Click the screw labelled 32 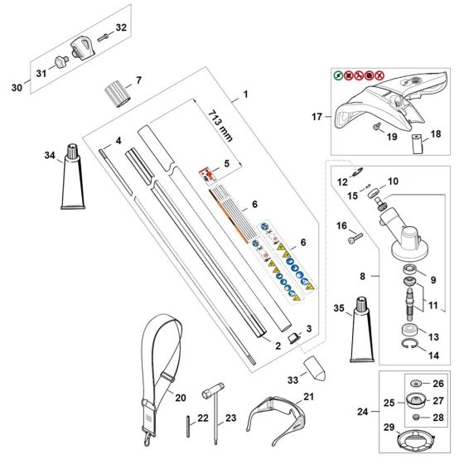click(x=102, y=36)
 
